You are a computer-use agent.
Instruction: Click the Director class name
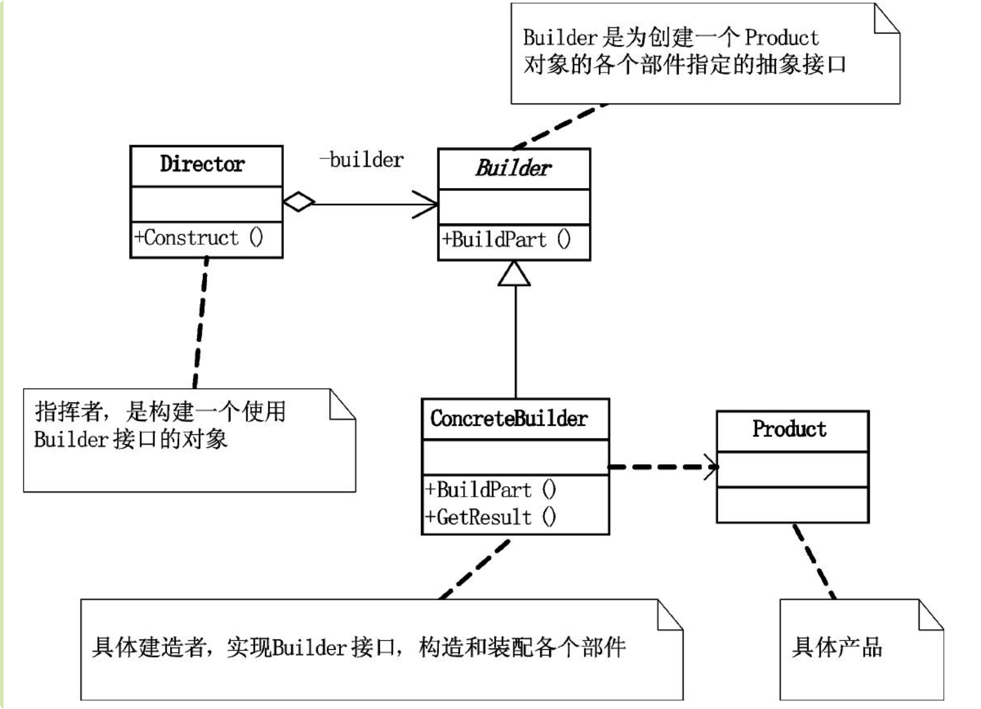(x=202, y=164)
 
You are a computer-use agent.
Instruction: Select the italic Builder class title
(x=513, y=168)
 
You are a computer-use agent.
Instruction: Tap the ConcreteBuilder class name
(x=509, y=418)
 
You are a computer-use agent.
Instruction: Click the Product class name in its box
(x=789, y=429)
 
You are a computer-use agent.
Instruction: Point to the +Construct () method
(x=199, y=238)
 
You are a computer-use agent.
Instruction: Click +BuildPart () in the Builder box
(x=506, y=240)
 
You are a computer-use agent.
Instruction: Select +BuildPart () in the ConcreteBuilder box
(x=490, y=490)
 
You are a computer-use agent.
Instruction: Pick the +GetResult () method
(x=490, y=517)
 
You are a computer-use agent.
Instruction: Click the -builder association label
(x=362, y=160)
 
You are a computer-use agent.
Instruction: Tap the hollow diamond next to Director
(x=299, y=201)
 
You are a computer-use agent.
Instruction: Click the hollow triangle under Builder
(x=514, y=274)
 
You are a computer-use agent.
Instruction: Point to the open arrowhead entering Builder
(x=428, y=204)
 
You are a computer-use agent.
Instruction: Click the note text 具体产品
(x=837, y=647)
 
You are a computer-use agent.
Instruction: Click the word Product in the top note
(x=782, y=38)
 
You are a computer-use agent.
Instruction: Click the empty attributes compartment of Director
(x=206, y=204)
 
